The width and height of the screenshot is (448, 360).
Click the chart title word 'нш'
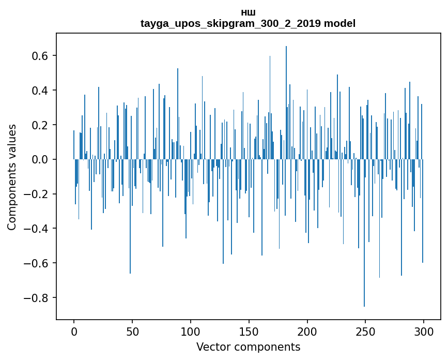(248, 12)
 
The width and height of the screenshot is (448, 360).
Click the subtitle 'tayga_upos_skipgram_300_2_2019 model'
(248, 24)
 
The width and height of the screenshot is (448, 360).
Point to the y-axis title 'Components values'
(12, 177)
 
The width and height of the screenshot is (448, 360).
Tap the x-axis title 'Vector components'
(248, 347)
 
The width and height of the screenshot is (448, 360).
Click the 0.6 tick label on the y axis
(41, 56)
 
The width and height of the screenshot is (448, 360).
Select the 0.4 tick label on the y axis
(41, 91)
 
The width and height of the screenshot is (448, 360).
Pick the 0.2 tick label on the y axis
(41, 125)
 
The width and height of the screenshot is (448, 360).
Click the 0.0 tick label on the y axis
(41, 160)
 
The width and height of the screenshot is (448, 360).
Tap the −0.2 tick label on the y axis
(38, 194)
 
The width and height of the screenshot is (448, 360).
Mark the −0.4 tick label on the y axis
(38, 229)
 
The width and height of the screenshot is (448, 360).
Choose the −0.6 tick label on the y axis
(38, 263)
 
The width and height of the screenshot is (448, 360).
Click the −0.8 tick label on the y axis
(38, 298)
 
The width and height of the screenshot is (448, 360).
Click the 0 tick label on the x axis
(74, 332)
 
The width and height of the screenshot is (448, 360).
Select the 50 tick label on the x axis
(132, 332)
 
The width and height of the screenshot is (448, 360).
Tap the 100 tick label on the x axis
(191, 332)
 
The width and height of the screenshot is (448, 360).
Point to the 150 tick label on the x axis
(249, 332)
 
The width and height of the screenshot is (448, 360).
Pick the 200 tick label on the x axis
(307, 332)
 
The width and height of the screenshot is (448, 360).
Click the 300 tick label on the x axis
(424, 332)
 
